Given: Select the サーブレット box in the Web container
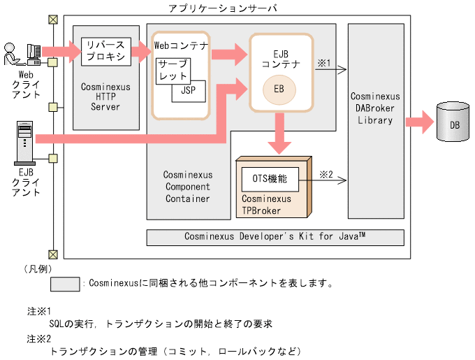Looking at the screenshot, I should (172, 70).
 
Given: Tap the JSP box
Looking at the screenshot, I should (189, 90).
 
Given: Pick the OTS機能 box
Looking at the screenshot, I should (269, 179).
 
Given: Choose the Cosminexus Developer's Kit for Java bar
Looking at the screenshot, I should (275, 237).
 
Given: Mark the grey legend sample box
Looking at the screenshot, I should (64, 284).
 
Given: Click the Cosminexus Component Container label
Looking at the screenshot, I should (187, 187).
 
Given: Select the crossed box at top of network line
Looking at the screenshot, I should (52, 19).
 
